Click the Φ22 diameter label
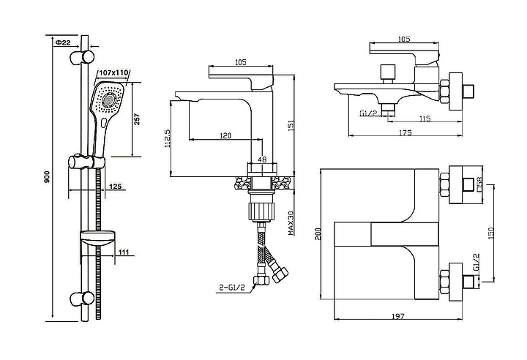point(63,42)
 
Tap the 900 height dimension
point(47,177)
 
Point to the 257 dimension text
point(137,119)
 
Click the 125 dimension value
point(116,186)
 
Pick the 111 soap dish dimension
point(124,252)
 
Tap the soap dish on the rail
point(98,239)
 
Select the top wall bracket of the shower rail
point(82,57)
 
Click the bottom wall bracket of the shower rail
point(82,298)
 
